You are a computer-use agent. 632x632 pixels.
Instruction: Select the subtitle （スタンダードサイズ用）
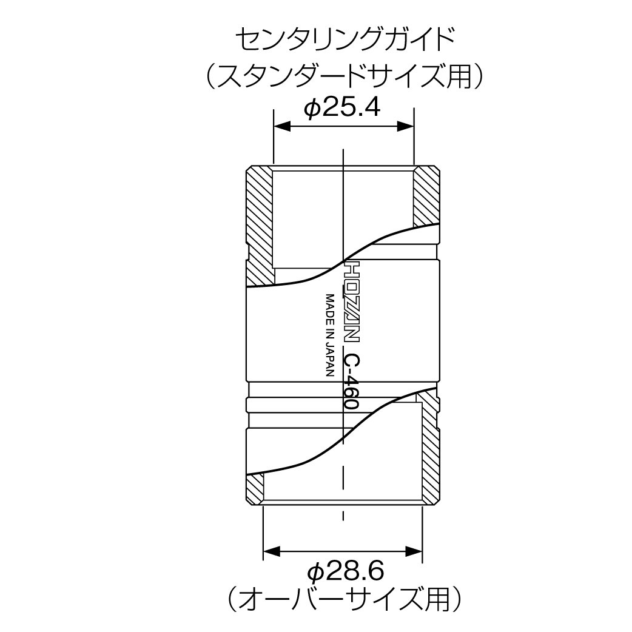click(344, 76)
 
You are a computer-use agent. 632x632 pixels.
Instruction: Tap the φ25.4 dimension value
click(342, 107)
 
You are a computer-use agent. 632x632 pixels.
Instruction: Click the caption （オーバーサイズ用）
click(344, 600)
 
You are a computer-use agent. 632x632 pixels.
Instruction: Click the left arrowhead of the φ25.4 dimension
click(282, 126)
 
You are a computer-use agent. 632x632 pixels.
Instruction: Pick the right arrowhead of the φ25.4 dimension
click(406, 126)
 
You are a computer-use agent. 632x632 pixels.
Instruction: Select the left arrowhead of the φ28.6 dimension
click(272, 551)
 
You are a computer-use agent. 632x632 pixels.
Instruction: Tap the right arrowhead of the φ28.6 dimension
click(414, 551)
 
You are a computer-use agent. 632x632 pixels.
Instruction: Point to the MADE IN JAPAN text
click(331, 335)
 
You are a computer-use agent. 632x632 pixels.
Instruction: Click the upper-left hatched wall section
click(260, 226)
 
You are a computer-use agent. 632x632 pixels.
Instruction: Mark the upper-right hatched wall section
click(426, 196)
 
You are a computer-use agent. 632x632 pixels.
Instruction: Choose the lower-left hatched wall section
click(255, 489)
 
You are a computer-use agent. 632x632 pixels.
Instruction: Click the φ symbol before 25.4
click(312, 108)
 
